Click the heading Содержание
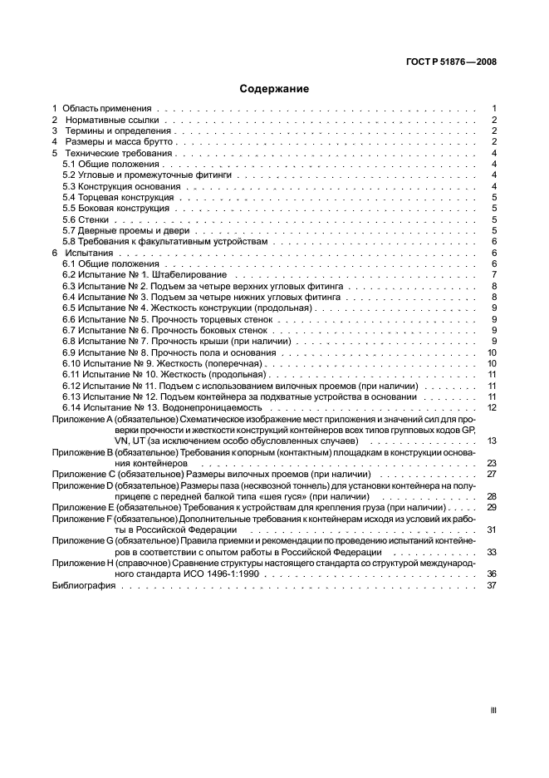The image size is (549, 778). click(274, 88)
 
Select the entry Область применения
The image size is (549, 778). click(105, 109)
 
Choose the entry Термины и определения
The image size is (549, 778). click(115, 131)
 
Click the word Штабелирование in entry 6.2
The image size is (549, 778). click(191, 274)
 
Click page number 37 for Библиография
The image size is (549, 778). click(492, 608)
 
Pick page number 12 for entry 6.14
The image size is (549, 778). click(492, 407)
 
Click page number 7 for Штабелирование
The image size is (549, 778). click(494, 274)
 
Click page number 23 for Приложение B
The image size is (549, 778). click(492, 463)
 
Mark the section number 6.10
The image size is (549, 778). click(74, 363)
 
